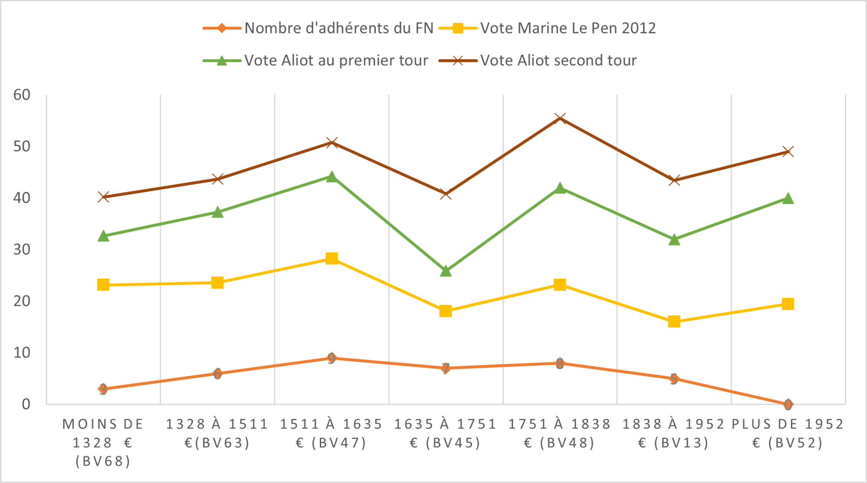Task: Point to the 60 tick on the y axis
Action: pos(22,95)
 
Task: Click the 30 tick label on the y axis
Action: pos(22,250)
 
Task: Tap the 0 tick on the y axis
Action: pos(26,404)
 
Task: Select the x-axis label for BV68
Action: pos(103,442)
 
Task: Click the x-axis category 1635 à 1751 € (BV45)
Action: pos(445,433)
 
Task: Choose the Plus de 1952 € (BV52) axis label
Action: pos(788,433)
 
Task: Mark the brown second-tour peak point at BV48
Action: pos(560,118)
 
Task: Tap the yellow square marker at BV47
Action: pos(332,259)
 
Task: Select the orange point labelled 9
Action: pos(332,358)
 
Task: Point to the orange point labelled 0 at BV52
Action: pos(788,404)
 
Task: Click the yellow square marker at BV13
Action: pos(674,322)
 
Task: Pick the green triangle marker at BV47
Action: pos(332,177)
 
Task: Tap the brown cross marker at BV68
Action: pos(103,197)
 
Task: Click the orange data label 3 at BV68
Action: pos(103,389)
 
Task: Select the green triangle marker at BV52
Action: pos(788,199)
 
